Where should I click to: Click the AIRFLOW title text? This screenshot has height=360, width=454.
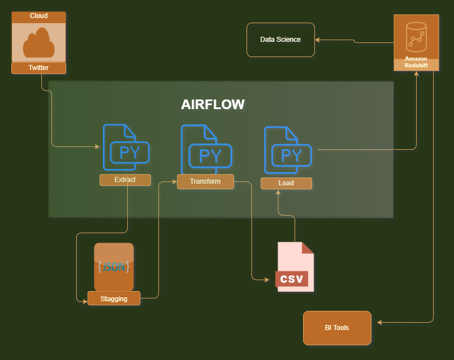(213, 105)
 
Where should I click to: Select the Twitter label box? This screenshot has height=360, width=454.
(38, 68)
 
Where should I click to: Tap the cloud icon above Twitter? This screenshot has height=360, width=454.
(38, 43)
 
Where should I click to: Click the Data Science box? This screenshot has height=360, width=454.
(280, 40)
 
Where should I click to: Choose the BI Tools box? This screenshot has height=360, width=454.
(337, 328)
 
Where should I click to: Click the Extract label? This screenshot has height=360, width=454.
(125, 180)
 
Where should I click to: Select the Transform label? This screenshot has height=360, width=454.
(205, 181)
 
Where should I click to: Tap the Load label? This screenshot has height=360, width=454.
(286, 183)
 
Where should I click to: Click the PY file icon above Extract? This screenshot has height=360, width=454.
(126, 148)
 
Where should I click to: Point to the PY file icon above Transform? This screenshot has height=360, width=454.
(206, 150)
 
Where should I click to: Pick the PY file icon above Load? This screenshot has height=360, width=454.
(288, 150)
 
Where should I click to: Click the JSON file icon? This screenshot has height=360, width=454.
(114, 266)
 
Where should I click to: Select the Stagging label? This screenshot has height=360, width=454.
(114, 298)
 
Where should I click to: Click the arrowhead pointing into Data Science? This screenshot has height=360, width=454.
(318, 40)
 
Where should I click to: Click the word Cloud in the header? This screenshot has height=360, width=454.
(38, 16)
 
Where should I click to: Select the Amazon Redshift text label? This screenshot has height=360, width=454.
(416, 62)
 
